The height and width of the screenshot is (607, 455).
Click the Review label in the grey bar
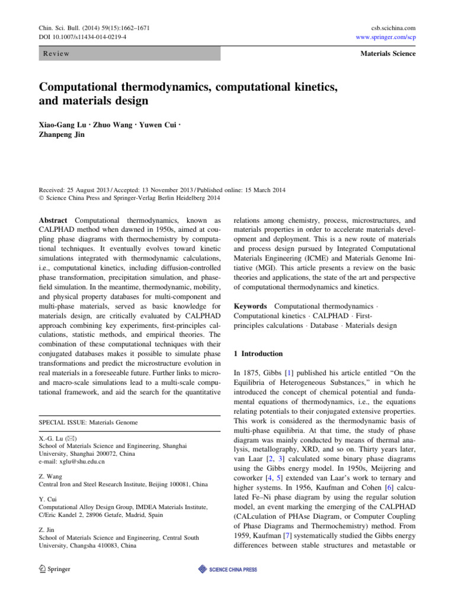point(56,54)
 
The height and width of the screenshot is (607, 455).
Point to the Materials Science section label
point(387,54)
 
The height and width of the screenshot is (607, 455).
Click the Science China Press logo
point(228,570)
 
